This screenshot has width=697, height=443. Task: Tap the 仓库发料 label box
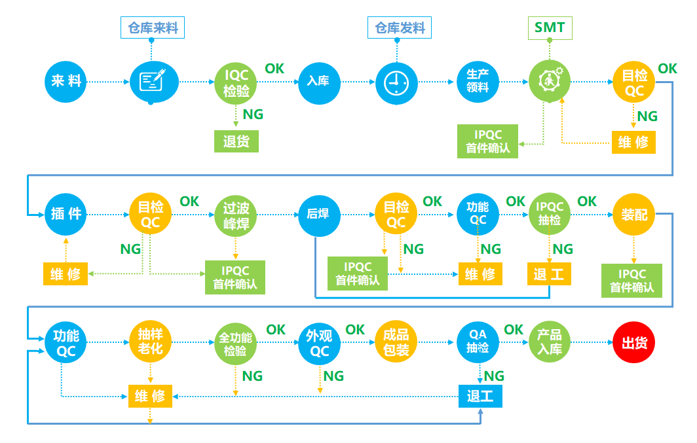tap(400, 27)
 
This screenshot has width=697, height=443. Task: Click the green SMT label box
tap(550, 27)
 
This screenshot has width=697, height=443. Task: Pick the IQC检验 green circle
tap(236, 82)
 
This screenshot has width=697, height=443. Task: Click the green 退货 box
tap(236, 141)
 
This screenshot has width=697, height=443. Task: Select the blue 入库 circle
tap(318, 82)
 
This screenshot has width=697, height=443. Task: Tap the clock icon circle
tap(396, 82)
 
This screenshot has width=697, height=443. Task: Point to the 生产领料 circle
tap(478, 82)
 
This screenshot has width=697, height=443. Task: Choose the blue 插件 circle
tap(66, 214)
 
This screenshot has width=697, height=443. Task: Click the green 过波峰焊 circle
tap(236, 215)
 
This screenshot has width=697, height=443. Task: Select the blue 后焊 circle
tap(318, 214)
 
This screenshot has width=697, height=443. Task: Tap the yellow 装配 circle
tap(633, 214)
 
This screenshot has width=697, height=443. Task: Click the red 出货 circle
tap(633, 342)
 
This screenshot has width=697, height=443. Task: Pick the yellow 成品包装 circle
tap(396, 342)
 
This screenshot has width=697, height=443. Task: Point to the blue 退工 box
tap(480, 396)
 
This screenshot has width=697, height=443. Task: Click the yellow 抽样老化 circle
tap(150, 342)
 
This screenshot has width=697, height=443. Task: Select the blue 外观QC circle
tap(319, 342)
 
